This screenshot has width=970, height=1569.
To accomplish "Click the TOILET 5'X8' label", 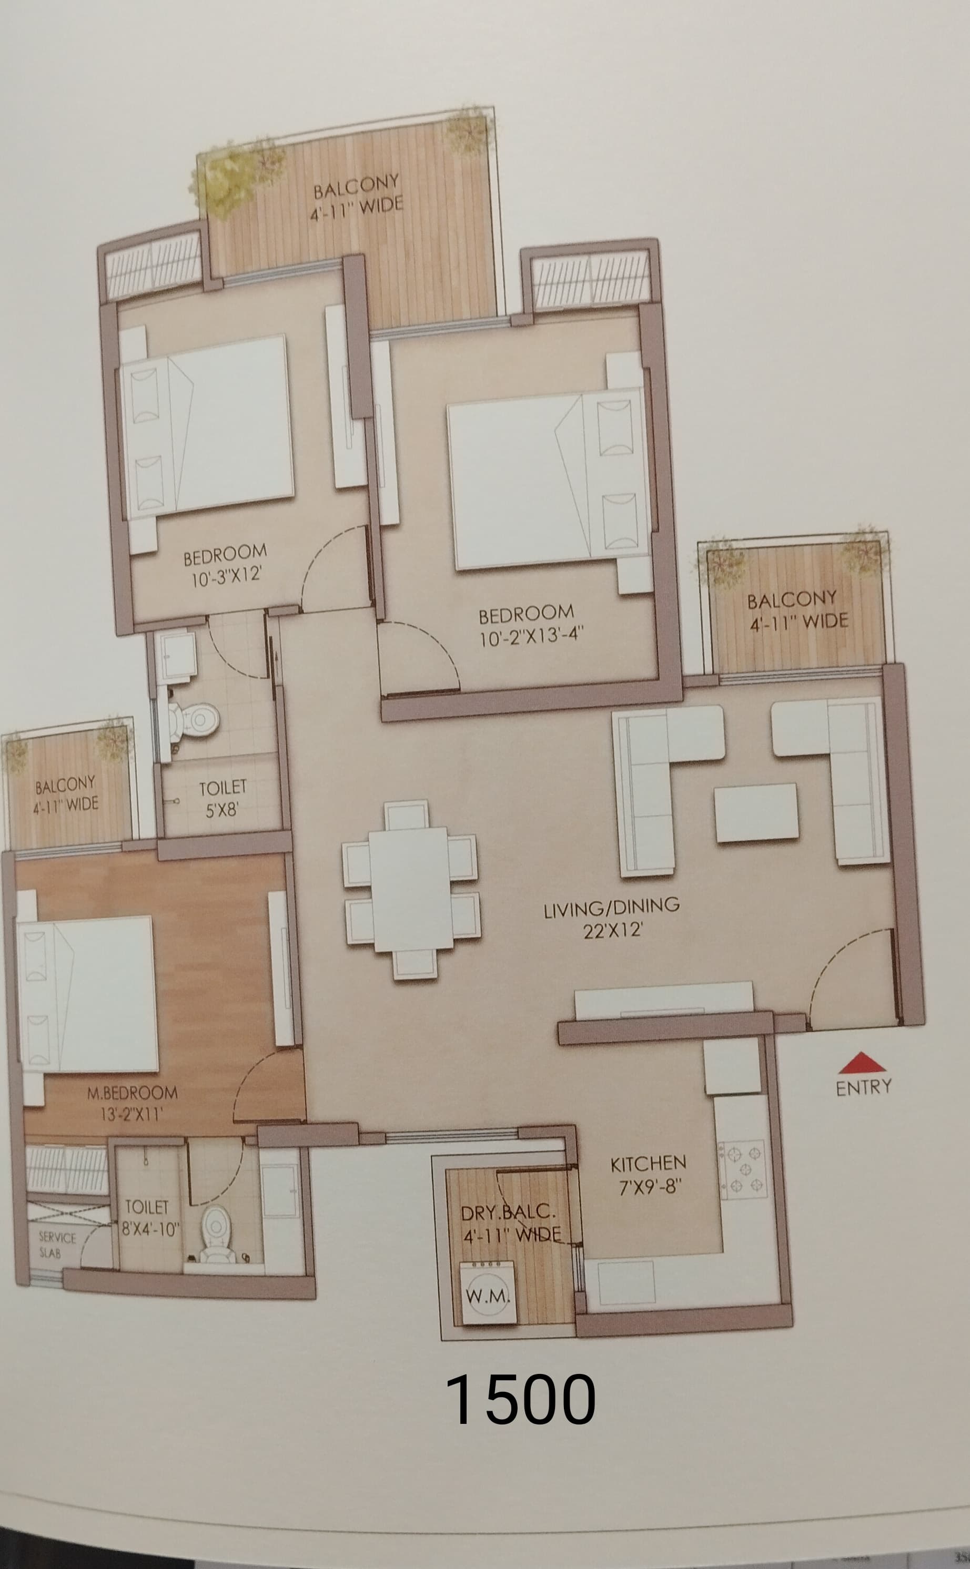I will tap(222, 798).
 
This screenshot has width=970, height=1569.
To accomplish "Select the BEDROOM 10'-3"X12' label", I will tap(225, 564).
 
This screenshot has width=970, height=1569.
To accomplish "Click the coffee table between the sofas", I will tap(756, 812).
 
